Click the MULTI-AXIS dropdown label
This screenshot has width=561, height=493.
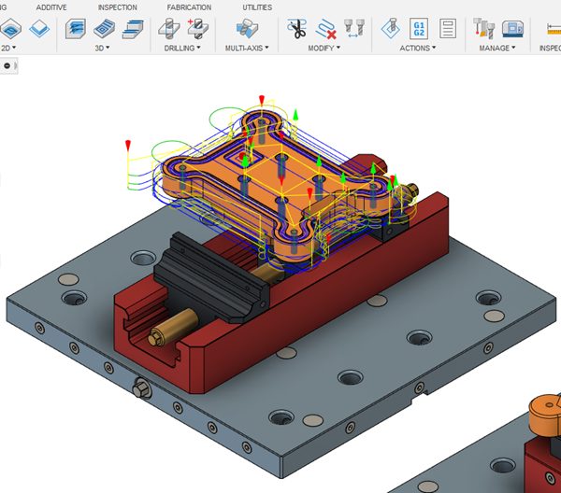click(246, 48)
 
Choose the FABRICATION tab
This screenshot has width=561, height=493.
click(188, 7)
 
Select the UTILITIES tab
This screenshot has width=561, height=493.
click(257, 7)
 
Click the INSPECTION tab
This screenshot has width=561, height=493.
click(117, 7)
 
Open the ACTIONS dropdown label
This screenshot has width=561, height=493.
click(418, 48)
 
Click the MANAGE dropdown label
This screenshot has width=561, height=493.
click(497, 48)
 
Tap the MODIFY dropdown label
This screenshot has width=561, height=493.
click(324, 48)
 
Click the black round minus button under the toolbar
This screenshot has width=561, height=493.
click(7, 65)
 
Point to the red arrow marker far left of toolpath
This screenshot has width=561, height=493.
click(128, 145)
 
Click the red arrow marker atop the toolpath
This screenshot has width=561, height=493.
click(263, 98)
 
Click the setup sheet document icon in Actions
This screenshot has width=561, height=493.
click(448, 28)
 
